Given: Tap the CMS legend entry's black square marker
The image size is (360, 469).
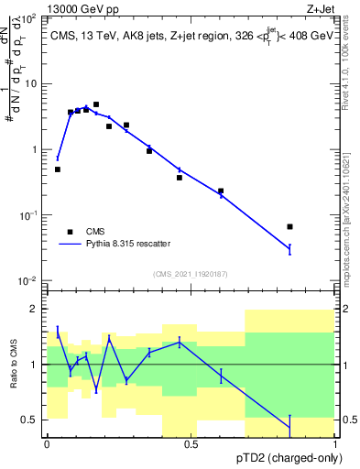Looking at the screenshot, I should [70, 232].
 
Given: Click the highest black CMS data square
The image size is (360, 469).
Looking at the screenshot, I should [96, 104].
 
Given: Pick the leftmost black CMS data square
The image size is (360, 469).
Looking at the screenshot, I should [58, 169].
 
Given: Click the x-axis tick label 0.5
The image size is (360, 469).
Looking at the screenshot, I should [191, 444].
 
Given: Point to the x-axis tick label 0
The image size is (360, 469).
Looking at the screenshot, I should [47, 444].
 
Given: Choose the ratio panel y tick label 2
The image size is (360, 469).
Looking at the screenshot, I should [34, 309].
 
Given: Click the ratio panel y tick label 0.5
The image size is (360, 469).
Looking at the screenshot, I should [31, 420].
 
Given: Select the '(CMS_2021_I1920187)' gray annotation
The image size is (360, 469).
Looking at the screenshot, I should [191, 272].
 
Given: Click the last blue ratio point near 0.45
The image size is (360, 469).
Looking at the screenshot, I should [289, 426].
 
